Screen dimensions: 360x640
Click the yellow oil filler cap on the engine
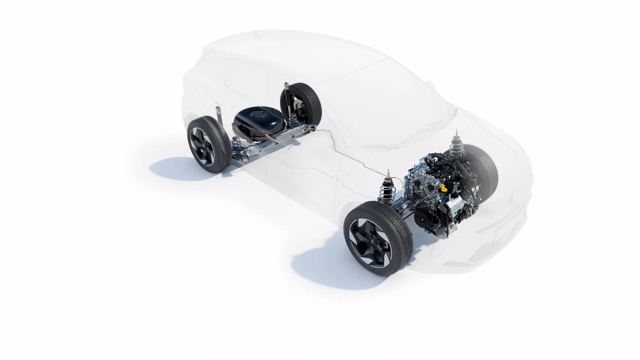pos(443,188)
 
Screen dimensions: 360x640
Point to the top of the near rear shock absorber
pos(219,110)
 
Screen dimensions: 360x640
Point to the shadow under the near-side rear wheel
pos(174,169)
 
